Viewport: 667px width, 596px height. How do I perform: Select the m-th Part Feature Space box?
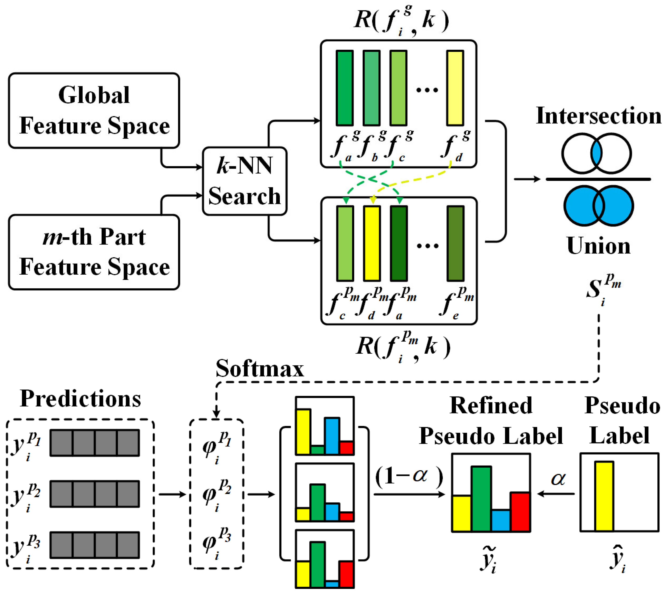click(x=94, y=252)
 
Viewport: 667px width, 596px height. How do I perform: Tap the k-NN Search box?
click(x=245, y=181)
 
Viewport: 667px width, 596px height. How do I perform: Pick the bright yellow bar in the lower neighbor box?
click(x=372, y=243)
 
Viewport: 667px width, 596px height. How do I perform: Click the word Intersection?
click(x=598, y=116)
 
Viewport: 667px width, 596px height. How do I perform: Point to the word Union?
click(x=598, y=246)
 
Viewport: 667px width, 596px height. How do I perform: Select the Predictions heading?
click(x=80, y=399)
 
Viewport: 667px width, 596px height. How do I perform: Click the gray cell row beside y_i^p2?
click(x=95, y=494)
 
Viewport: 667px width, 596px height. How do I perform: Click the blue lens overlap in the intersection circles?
click(x=596, y=153)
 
